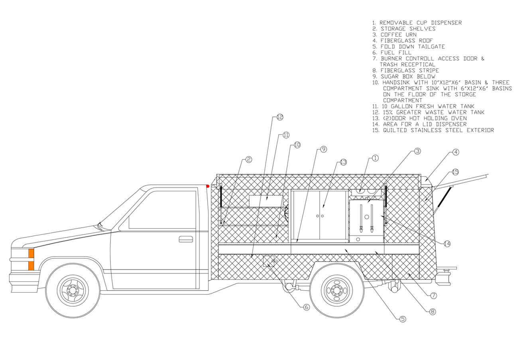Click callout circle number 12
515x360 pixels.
(279, 117)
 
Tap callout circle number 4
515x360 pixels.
(456, 152)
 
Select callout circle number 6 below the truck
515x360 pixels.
(306, 307)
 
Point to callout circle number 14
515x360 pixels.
(447, 244)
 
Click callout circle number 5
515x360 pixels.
(403, 319)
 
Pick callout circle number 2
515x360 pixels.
(249, 159)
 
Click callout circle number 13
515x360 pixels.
(343, 162)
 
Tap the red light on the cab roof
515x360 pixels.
(208, 186)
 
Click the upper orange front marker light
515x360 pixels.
(31, 254)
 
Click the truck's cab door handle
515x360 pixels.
(185, 239)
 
